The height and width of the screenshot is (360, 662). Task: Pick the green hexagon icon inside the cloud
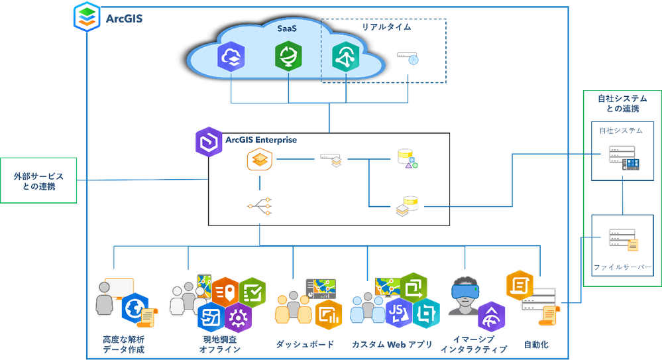point(288,57)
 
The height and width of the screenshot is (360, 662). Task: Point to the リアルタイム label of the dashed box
point(386,27)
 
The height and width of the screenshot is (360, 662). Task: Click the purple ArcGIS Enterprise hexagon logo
point(208,143)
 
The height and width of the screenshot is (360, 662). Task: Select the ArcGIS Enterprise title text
point(261,140)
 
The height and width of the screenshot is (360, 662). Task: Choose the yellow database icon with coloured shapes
point(406,159)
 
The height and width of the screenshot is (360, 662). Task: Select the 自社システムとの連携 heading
point(622,103)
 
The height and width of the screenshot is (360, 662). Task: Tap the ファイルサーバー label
point(622,268)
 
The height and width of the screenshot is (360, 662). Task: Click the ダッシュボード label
point(305,344)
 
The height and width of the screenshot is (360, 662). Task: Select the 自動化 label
point(536,345)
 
